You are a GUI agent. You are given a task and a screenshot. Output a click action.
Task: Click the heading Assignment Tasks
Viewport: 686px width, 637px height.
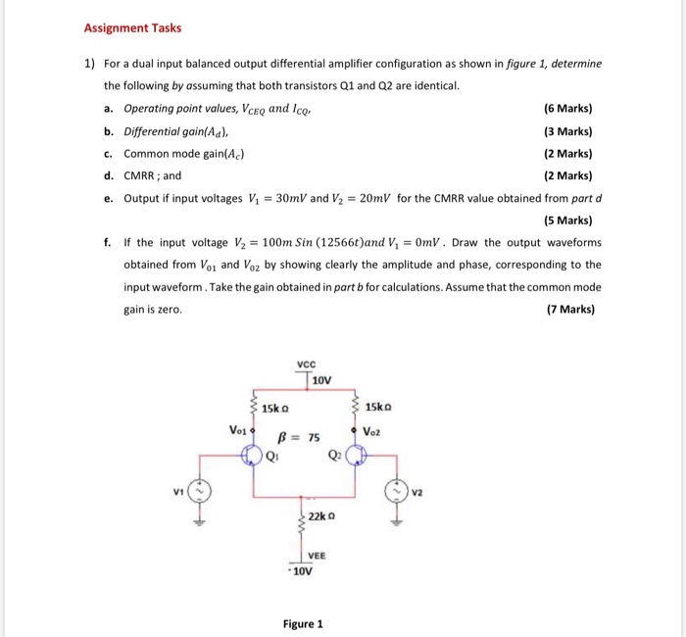tap(132, 27)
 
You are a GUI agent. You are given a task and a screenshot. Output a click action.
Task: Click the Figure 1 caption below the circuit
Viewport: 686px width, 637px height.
tap(303, 623)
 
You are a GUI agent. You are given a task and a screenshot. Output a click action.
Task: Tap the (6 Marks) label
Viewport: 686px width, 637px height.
tap(567, 109)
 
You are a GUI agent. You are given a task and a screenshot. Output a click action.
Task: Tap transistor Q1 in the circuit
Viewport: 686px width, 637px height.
tap(253, 454)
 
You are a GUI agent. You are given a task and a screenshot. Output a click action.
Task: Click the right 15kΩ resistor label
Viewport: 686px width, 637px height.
tap(378, 407)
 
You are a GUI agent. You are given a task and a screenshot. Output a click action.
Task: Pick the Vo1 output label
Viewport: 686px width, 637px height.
tap(238, 428)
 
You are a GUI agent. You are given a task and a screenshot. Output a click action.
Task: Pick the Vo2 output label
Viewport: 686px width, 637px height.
tap(373, 431)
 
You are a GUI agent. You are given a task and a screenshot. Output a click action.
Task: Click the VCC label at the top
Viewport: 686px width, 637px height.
tap(307, 364)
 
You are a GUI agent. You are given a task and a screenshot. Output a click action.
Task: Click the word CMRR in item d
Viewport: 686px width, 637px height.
tap(139, 176)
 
